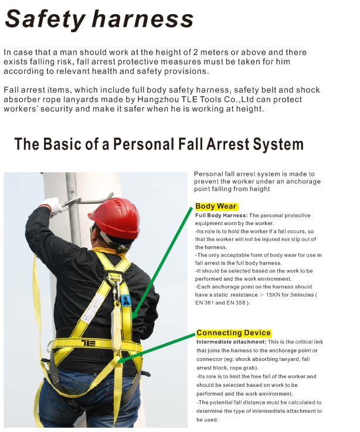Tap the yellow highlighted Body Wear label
tap(216, 206)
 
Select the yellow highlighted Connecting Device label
tap(233, 333)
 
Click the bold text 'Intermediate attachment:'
tap(231, 342)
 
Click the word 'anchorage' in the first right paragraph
tap(301, 182)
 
